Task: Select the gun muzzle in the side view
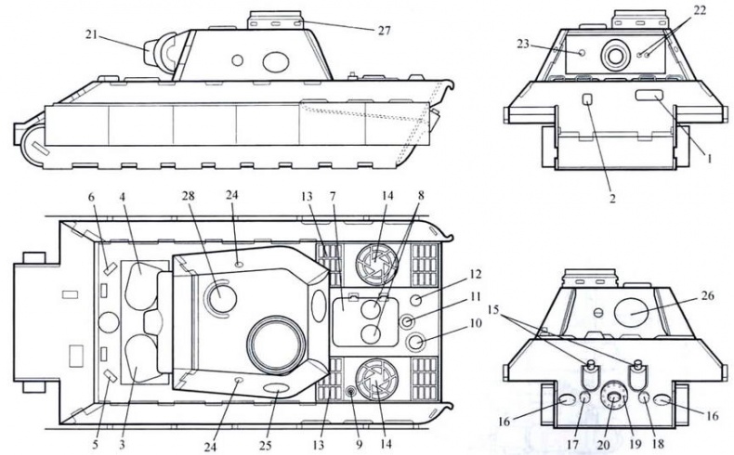click(x=149, y=51)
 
